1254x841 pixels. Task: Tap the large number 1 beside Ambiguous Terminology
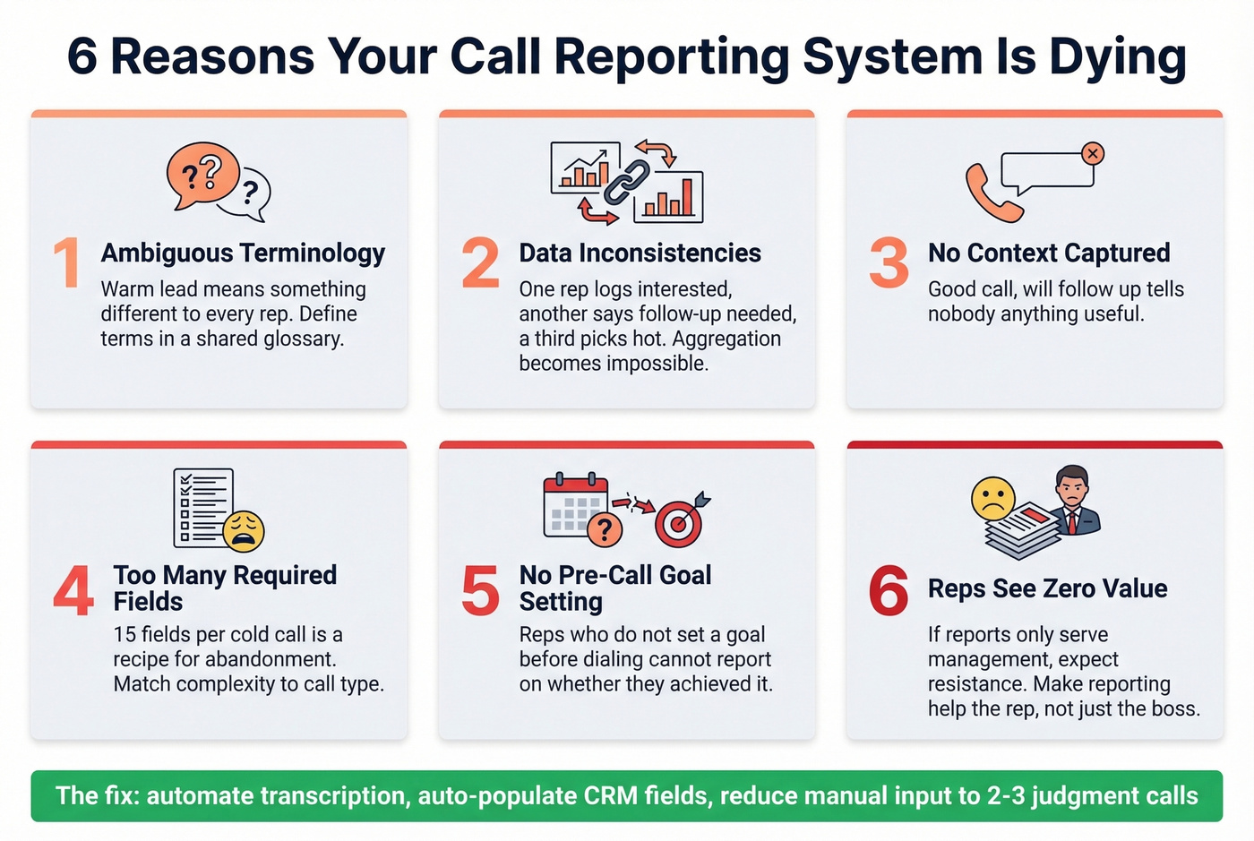67,263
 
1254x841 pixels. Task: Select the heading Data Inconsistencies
640,253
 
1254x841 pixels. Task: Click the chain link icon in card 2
626,182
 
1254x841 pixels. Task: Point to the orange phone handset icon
992,193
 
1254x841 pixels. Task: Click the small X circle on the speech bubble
1092,153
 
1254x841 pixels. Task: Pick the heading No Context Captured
1048,253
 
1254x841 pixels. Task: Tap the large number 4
73,591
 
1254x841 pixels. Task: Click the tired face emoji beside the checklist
243,530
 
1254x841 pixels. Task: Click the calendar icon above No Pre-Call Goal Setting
576,503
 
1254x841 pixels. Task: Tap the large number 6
889,591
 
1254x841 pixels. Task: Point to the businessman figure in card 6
1073,502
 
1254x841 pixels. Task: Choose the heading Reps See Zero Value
1047,588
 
